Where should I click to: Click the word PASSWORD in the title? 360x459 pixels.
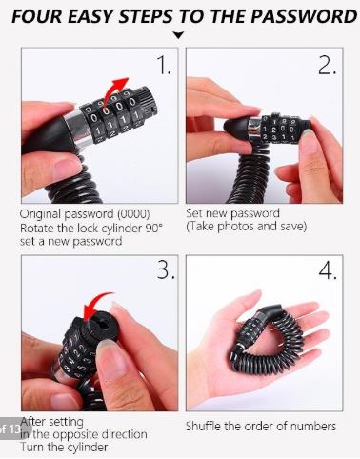tap(304, 16)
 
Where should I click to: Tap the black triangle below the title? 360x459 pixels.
tap(179, 35)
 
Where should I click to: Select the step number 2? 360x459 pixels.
tap(327, 66)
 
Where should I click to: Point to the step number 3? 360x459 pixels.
tap(166, 269)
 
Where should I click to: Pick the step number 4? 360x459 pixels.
tap(328, 270)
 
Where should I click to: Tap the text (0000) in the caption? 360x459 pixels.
tap(133, 214)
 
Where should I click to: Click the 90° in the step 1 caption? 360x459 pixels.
tap(153, 228)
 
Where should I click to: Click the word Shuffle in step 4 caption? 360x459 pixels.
tap(204, 426)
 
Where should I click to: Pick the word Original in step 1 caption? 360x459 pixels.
tap(41, 214)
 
